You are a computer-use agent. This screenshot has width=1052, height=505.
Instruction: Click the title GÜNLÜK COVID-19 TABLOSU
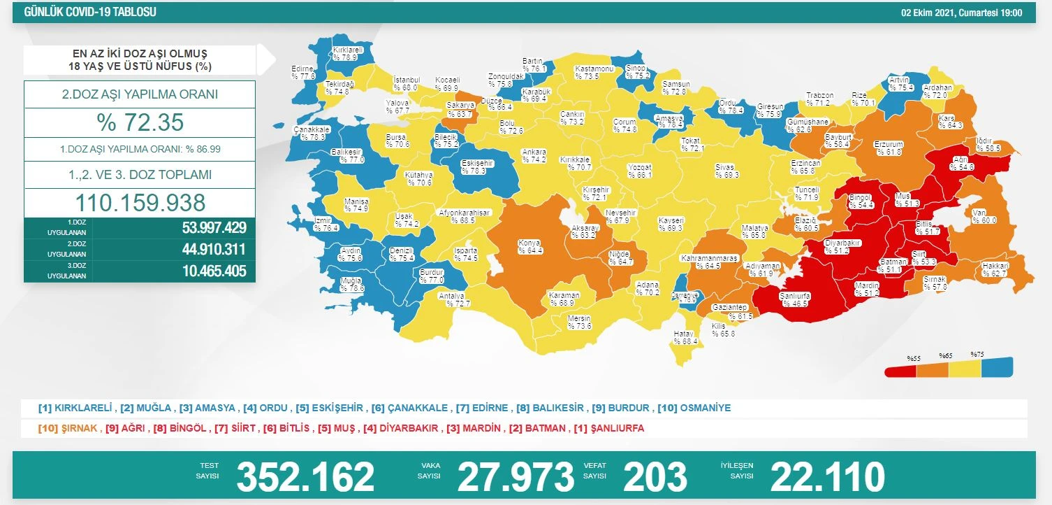tap(90, 13)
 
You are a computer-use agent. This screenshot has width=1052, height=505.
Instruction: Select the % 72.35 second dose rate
tap(140, 122)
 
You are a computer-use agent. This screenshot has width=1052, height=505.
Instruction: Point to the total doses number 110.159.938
tap(140, 202)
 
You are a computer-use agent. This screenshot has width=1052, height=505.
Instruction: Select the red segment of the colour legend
tap(900, 371)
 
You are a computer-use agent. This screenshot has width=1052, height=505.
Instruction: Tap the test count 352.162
tap(305, 477)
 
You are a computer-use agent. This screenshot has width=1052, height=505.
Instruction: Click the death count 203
tap(655, 477)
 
